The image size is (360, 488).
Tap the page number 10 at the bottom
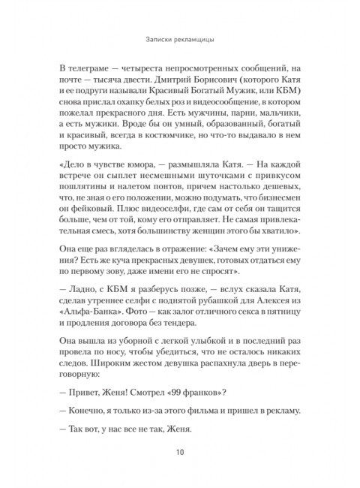click(180, 451)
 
